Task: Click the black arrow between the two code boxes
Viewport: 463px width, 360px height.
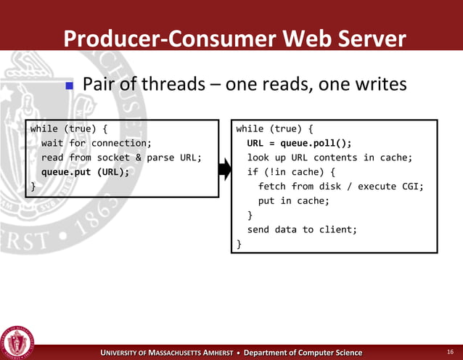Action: click(x=224, y=171)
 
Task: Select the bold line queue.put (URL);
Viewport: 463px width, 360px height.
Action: click(x=85, y=172)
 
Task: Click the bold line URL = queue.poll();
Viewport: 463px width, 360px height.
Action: click(x=299, y=144)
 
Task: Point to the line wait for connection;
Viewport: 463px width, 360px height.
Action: click(x=96, y=144)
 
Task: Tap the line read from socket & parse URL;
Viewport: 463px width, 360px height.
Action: click(x=120, y=157)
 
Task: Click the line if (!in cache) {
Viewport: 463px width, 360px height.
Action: click(x=291, y=172)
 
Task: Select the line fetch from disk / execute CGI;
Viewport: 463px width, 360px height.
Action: click(x=340, y=187)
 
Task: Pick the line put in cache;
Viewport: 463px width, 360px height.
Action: click(x=293, y=201)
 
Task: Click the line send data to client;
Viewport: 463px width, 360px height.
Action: click(x=302, y=229)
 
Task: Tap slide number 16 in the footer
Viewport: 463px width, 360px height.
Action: click(x=450, y=352)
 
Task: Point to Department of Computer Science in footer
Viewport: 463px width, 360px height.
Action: click(x=303, y=353)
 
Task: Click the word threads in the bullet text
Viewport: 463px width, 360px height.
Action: click(x=173, y=85)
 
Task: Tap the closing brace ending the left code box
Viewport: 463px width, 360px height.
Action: click(x=33, y=187)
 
